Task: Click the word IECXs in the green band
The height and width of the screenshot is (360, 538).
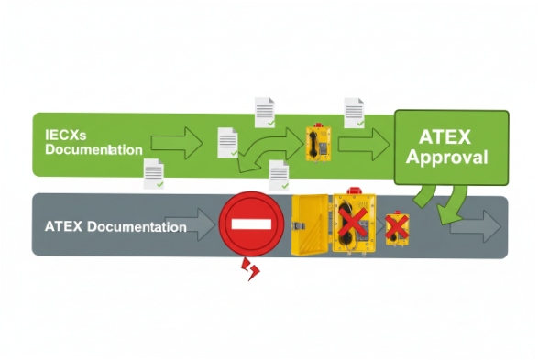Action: pos(63,135)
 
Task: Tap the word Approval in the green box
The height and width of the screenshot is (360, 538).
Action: pos(448,158)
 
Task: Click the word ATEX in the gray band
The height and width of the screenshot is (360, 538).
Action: pos(63,226)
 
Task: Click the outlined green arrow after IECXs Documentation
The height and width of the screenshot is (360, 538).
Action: pos(175,143)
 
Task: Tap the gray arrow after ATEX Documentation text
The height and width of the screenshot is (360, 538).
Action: pos(201,225)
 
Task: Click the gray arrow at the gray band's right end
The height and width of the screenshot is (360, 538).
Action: pos(477,226)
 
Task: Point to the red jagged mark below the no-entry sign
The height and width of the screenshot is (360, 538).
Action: pos(249,268)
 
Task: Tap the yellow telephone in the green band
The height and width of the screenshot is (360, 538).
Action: pos(317,143)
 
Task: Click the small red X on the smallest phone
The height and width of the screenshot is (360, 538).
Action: pos(397,225)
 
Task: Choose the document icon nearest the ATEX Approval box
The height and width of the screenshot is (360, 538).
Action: pos(355,112)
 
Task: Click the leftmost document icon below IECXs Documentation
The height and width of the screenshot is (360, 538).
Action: pos(154,173)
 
